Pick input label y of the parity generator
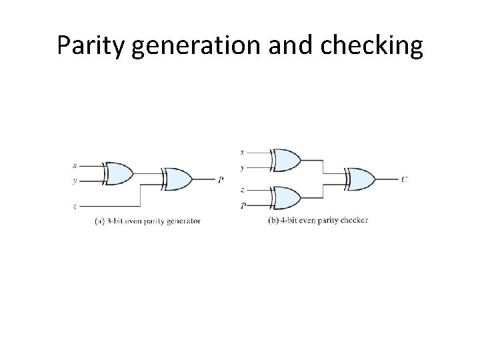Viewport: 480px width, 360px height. [74, 180]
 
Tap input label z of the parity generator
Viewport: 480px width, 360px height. [74, 207]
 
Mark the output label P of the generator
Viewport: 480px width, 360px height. [221, 179]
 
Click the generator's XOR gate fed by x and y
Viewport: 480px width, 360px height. [118, 173]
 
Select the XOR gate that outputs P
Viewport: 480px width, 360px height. [177, 179]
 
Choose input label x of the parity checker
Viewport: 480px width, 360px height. [241, 152]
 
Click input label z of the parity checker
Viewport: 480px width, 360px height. [241, 190]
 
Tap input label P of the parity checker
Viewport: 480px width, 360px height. [243, 205]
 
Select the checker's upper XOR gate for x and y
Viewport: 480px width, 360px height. [285, 160]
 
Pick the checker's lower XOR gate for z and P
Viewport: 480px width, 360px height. [285, 198]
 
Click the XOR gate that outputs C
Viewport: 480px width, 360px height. [360, 179]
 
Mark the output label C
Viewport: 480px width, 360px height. [405, 179]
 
